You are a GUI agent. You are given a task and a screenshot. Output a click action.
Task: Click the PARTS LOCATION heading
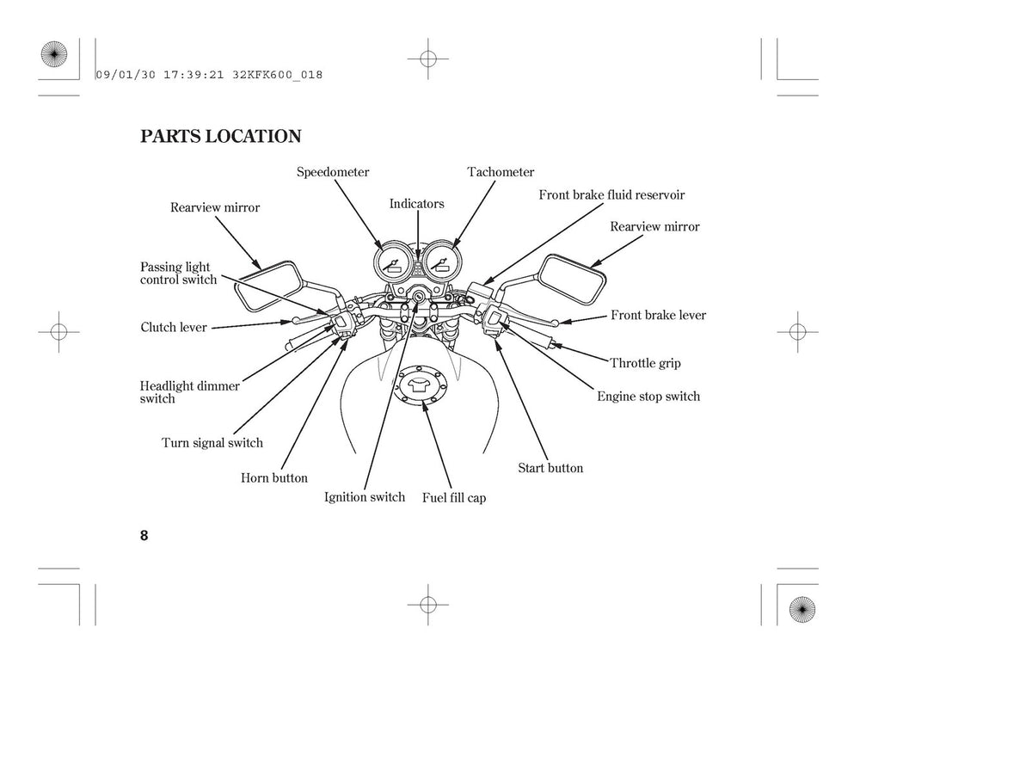click(220, 137)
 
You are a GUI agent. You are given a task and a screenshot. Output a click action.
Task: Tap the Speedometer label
click(333, 172)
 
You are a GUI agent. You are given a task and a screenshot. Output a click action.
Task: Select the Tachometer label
click(501, 172)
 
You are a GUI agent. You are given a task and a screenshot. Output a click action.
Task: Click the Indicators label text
click(416, 204)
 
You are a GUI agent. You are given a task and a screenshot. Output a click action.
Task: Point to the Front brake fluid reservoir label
click(611, 195)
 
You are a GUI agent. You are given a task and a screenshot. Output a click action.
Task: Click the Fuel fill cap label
click(454, 498)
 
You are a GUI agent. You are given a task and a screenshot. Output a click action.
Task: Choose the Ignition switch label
click(365, 497)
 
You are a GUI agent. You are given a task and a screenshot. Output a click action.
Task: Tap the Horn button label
click(274, 478)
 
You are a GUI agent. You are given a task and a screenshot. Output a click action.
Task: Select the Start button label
click(550, 468)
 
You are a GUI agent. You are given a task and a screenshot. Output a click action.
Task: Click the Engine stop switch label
click(648, 397)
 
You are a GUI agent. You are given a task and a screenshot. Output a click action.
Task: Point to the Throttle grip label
click(645, 363)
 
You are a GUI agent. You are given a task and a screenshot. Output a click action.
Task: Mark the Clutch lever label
click(174, 327)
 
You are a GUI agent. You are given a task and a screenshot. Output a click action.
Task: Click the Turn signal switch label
click(212, 443)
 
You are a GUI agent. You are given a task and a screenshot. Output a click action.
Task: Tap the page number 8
click(144, 535)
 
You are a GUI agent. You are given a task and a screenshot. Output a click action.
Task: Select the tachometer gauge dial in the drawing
click(443, 262)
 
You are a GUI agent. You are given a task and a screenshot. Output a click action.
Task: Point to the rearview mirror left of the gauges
click(268, 286)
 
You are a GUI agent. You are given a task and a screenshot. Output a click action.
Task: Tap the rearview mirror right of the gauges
click(572, 279)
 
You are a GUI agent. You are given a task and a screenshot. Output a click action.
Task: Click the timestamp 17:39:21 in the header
click(193, 75)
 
